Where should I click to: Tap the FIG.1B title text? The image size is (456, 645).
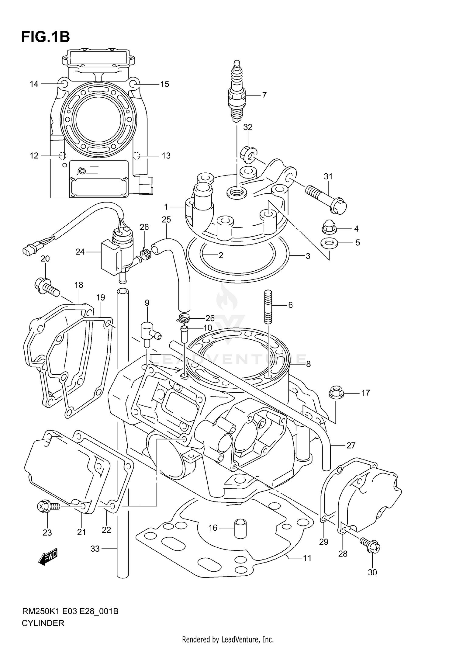(x=46, y=37)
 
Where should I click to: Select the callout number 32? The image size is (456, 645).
(x=248, y=127)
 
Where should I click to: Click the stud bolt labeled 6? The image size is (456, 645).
(x=268, y=307)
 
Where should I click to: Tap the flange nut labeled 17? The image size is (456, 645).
(x=336, y=392)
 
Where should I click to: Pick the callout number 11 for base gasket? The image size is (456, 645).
(x=307, y=558)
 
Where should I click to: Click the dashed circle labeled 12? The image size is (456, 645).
(x=62, y=156)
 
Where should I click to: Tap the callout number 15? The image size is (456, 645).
(x=164, y=84)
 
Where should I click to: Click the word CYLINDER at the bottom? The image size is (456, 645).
(x=43, y=623)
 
